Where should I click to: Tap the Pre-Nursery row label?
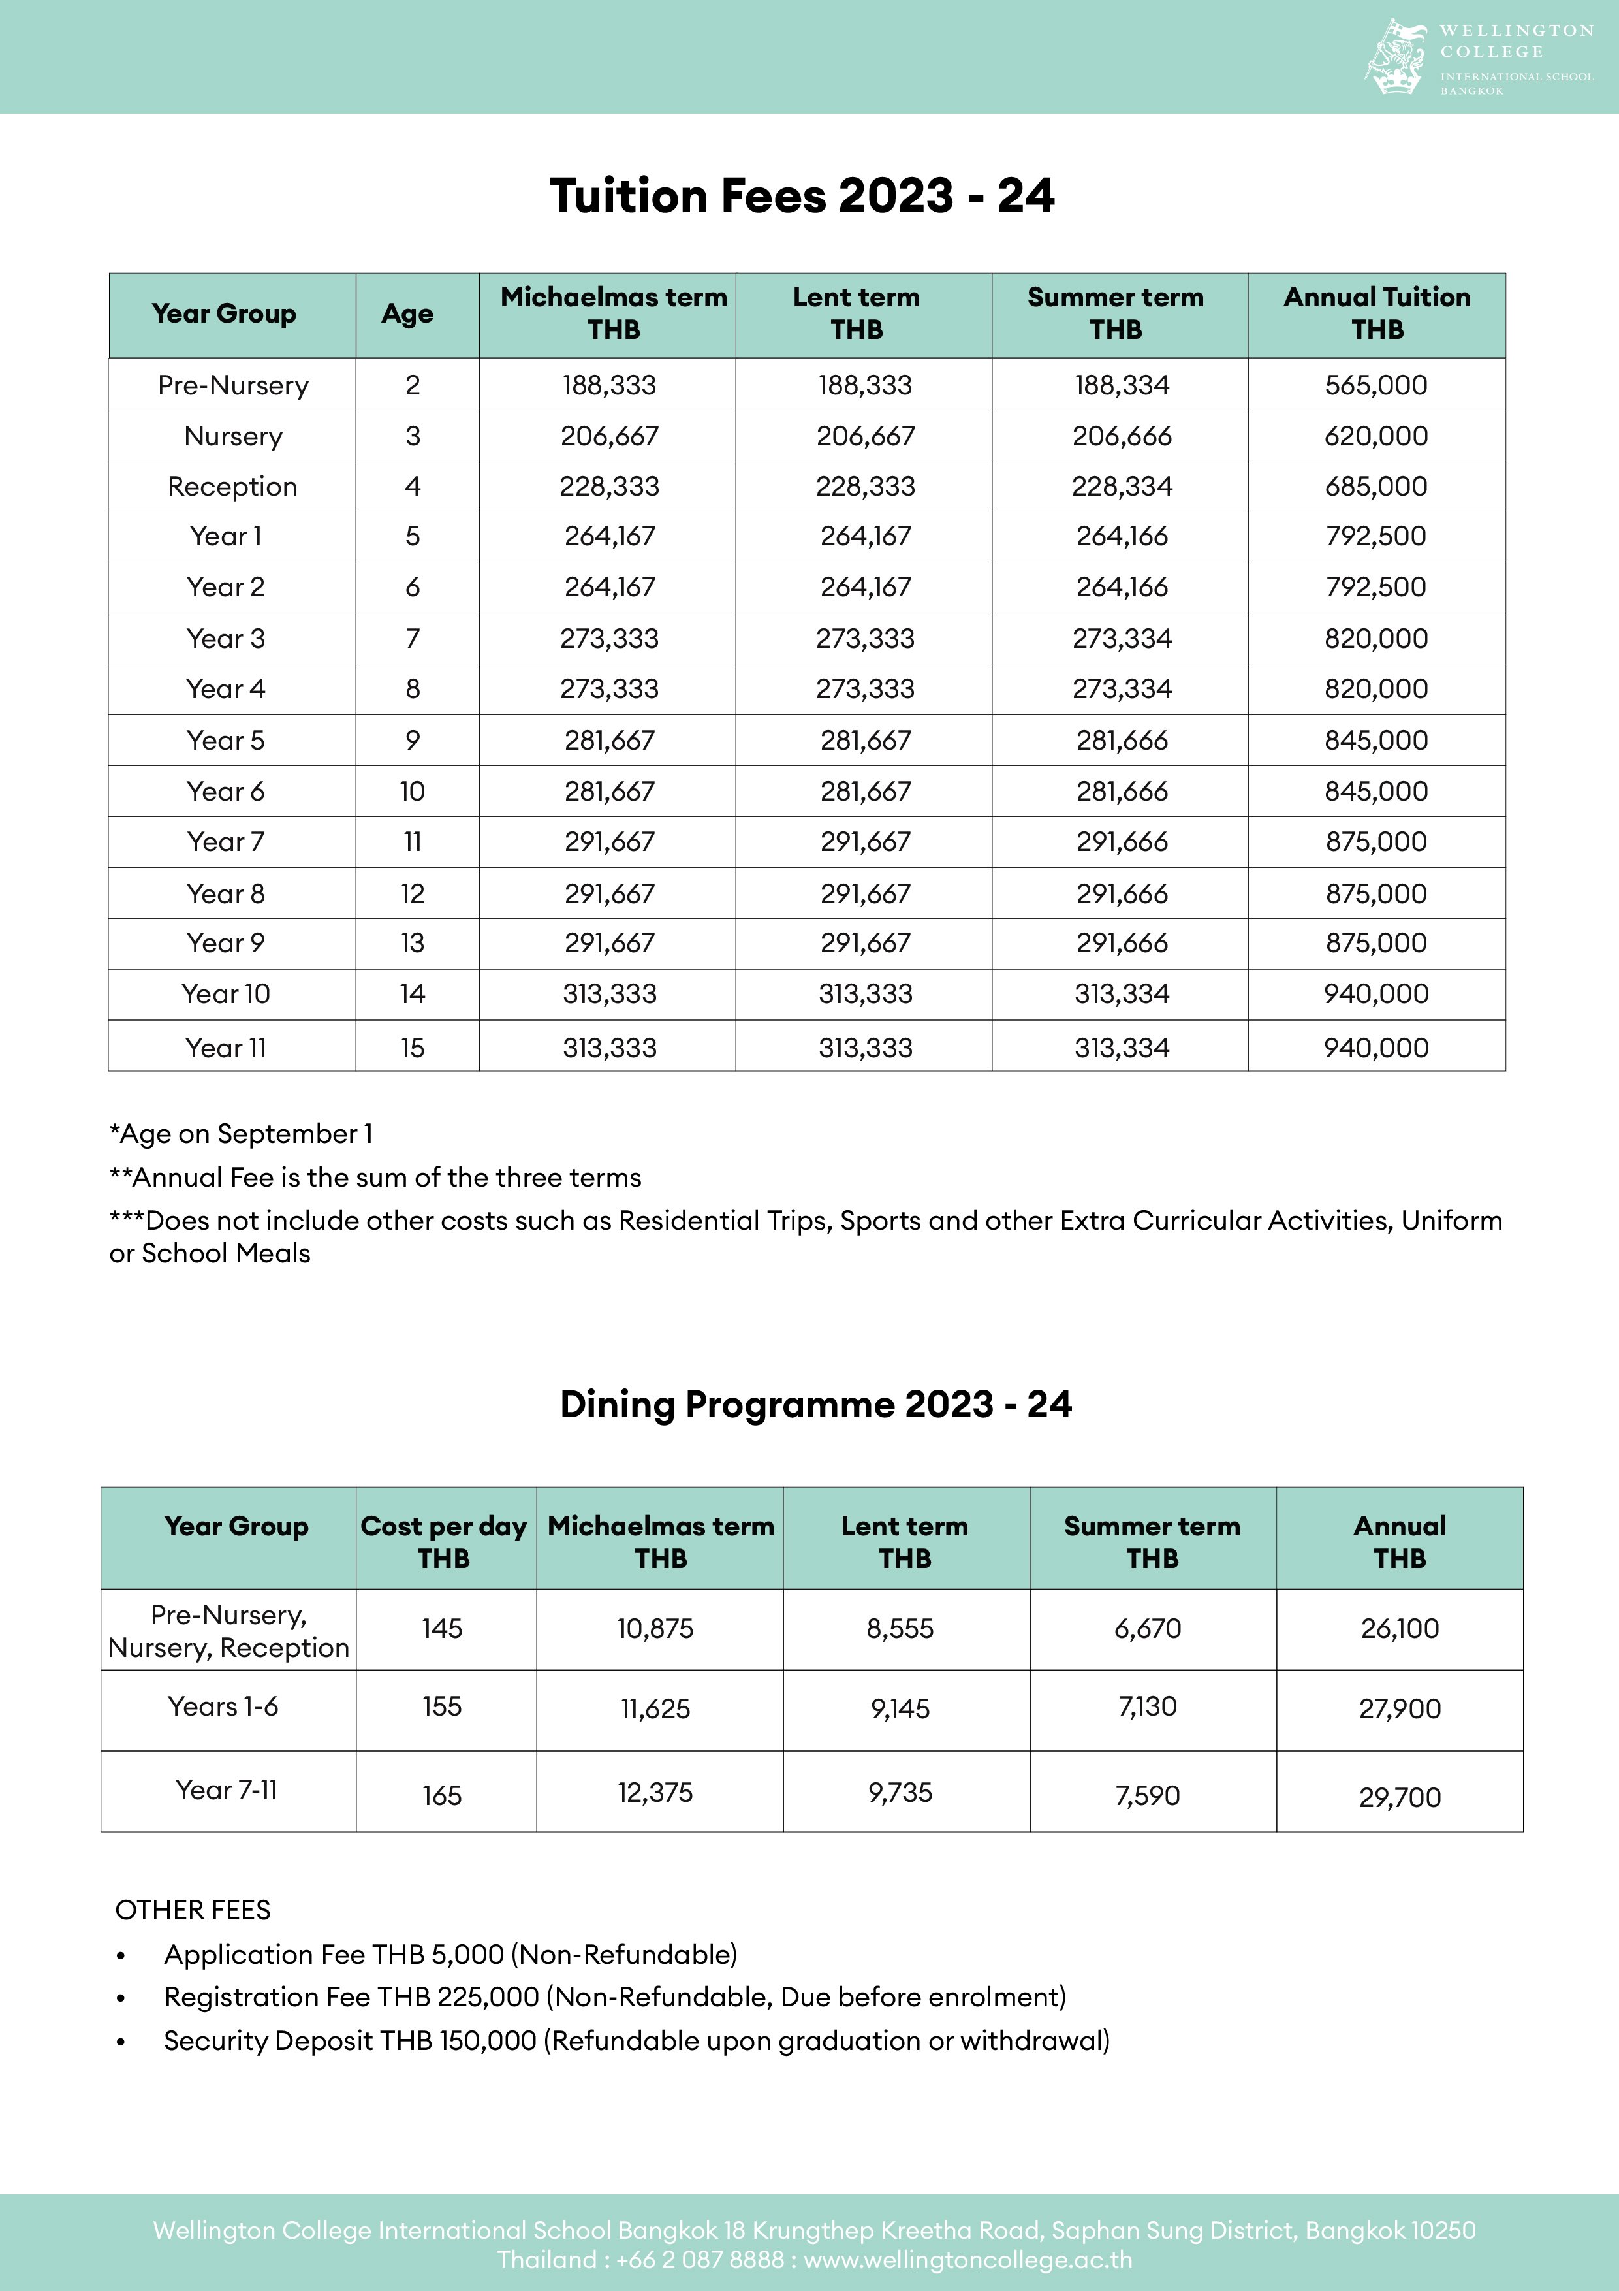pyautogui.click(x=232, y=385)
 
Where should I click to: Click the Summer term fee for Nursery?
pyautogui.click(x=1122, y=436)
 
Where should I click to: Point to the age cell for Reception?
pyautogui.click(x=412, y=487)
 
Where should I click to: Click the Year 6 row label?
pyautogui.click(x=225, y=792)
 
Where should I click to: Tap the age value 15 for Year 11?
pyautogui.click(x=412, y=1048)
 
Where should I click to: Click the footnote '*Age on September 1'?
pyautogui.click(x=240, y=1134)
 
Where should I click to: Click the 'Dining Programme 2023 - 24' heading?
pyautogui.click(x=815, y=1404)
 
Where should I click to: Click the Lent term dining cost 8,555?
pyautogui.click(x=900, y=1628)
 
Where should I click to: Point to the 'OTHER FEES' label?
pyautogui.click(x=193, y=1910)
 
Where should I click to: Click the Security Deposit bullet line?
pyautogui.click(x=637, y=2041)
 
